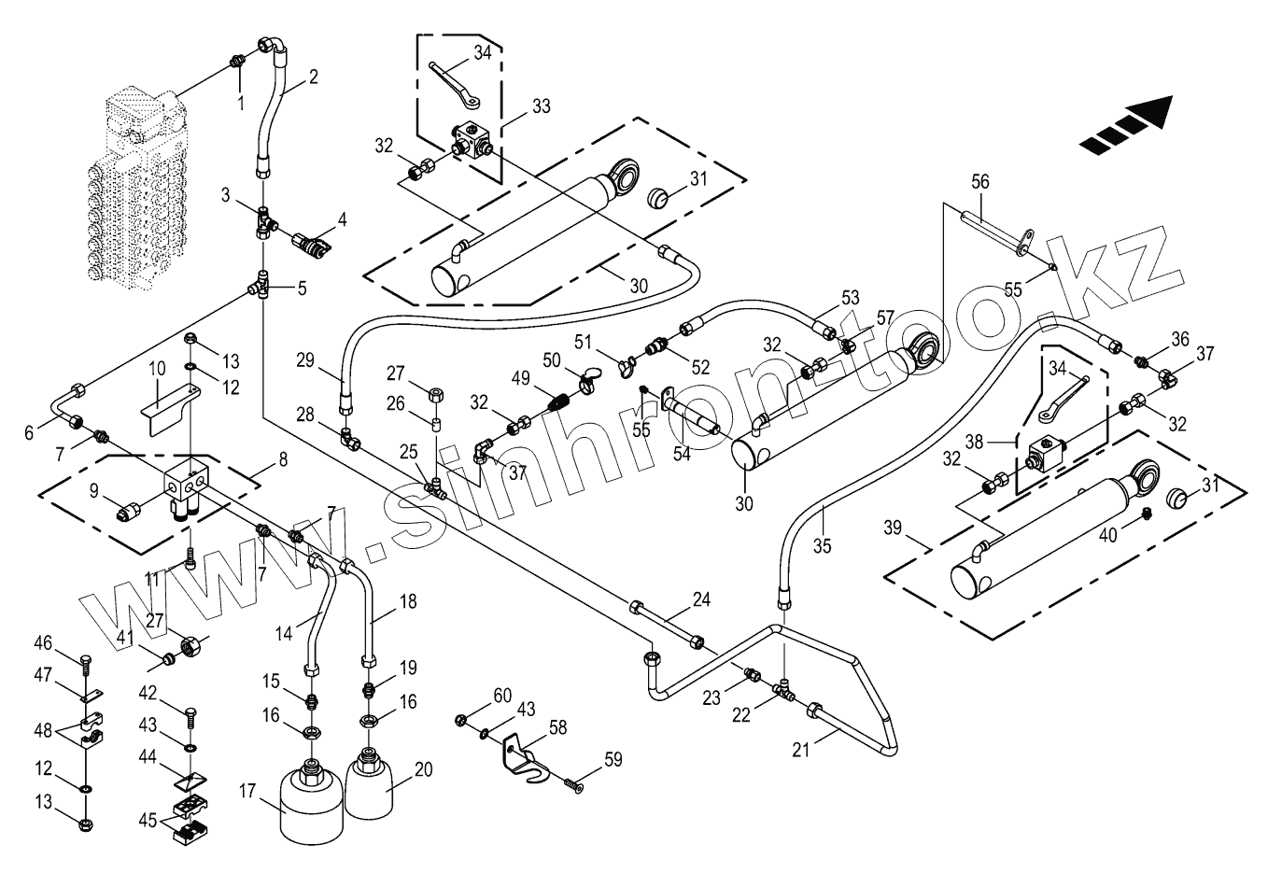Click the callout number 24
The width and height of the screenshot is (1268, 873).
pos(701,599)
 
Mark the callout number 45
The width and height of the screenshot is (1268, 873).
pos(148,822)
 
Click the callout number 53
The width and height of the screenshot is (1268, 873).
pos(850,298)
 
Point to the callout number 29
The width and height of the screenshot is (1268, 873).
pos(307,359)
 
